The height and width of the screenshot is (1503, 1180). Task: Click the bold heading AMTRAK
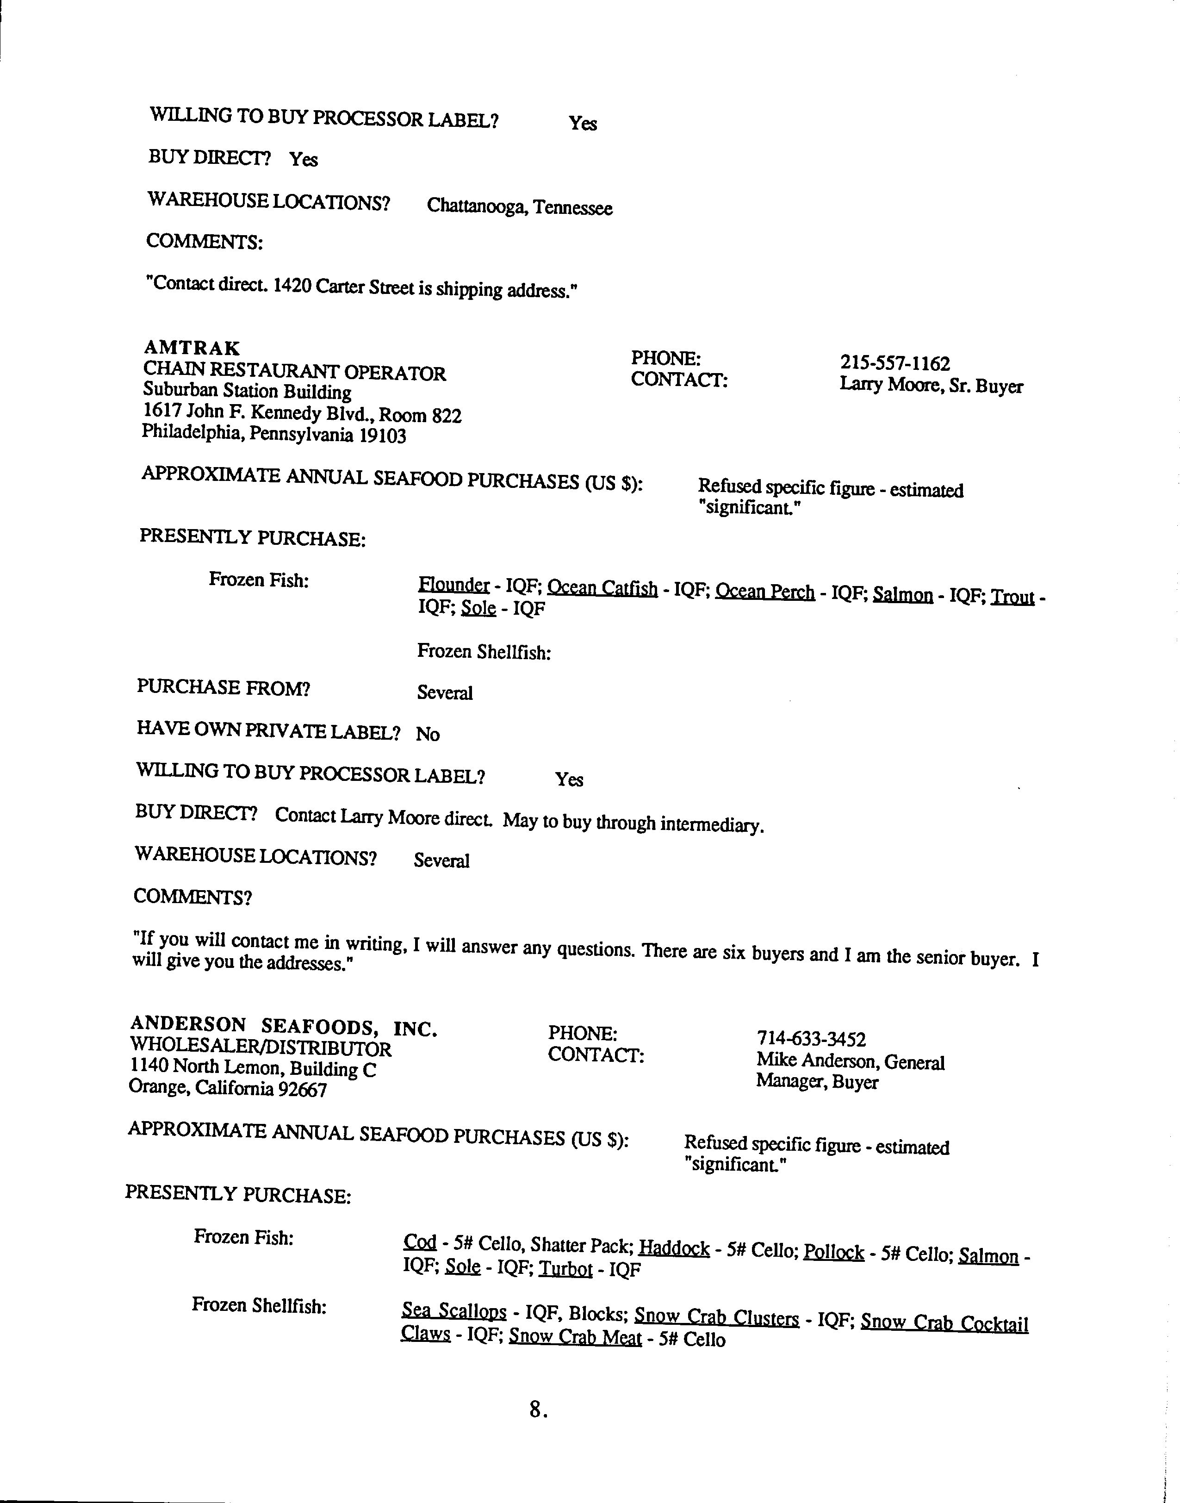pyautogui.click(x=192, y=348)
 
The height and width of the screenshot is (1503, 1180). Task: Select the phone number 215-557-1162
pyautogui.click(x=894, y=363)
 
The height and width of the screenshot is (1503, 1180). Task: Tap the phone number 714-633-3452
pyautogui.click(x=811, y=1039)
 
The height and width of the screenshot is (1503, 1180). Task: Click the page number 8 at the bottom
pyautogui.click(x=536, y=1409)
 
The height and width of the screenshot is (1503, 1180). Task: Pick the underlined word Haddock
pyautogui.click(x=674, y=1248)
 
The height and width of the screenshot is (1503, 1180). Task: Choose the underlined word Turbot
pyautogui.click(x=565, y=1269)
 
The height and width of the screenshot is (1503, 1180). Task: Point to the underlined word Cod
pyautogui.click(x=419, y=1242)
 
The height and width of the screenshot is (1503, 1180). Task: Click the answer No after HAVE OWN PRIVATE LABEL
pyautogui.click(x=428, y=734)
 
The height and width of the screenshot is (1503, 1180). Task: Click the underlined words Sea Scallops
pyautogui.click(x=454, y=1311)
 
